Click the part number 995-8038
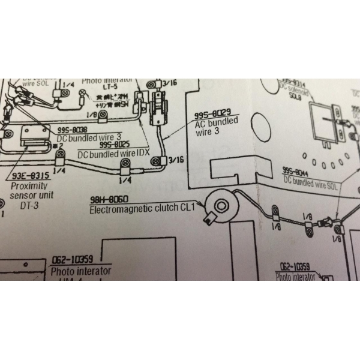click(x=73, y=130)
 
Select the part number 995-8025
click(x=115, y=145)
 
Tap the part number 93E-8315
click(x=29, y=176)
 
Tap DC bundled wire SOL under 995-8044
click(x=311, y=180)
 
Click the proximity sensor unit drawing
click(x=37, y=140)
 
